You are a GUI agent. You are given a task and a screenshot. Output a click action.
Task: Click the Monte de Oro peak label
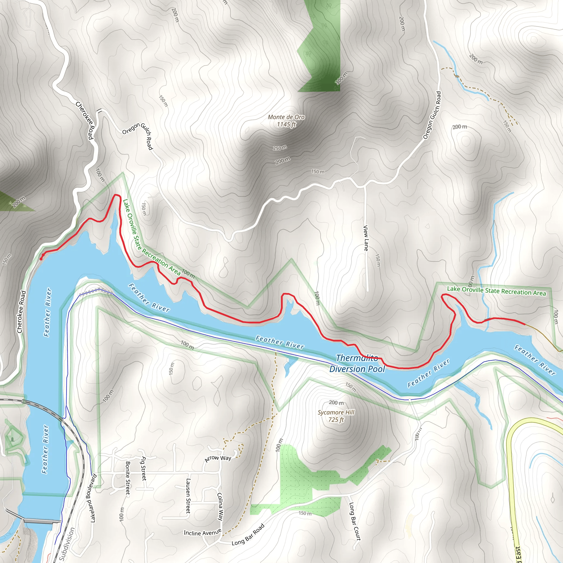point(286,117)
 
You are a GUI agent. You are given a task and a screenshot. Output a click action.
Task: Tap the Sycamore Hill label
point(336,412)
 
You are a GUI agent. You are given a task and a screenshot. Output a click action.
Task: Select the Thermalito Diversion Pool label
point(357,364)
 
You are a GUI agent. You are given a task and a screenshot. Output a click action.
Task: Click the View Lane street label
point(366,238)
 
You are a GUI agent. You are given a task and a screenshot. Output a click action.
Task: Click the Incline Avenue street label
point(202,533)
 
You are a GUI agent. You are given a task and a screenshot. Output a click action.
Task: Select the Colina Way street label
point(220,507)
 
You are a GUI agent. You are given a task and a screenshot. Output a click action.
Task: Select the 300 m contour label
point(341,78)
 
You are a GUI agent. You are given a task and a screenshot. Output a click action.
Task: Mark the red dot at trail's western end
point(41,258)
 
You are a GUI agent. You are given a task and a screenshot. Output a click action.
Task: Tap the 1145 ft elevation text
point(286,125)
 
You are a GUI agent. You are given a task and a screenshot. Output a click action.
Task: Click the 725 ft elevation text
point(336,420)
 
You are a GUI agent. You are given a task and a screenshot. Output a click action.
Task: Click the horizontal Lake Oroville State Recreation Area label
point(496,291)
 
